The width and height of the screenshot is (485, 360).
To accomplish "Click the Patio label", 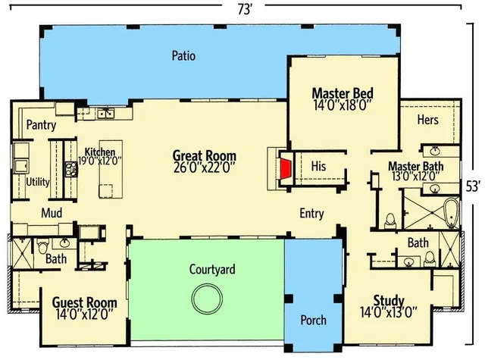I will coord(184,55).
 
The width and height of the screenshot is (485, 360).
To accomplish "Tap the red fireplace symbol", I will coord(286,170).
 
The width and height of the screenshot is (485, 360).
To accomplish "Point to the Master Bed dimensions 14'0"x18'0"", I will coord(343,107).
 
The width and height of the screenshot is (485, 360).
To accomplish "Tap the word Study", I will coord(389,299).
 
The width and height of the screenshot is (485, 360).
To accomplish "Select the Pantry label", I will coord(41,124).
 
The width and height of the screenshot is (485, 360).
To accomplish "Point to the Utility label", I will coord(38,182).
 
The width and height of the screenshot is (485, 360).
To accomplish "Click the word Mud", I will coord(52,213).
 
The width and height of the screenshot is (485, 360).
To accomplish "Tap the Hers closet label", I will coord(428,119).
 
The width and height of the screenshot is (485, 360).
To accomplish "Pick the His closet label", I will coord(318,165).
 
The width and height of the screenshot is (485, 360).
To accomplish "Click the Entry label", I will coord(312,213).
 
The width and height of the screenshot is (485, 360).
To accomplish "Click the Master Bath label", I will coord(416,166).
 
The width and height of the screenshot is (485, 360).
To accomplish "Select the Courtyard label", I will coord(211,269).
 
